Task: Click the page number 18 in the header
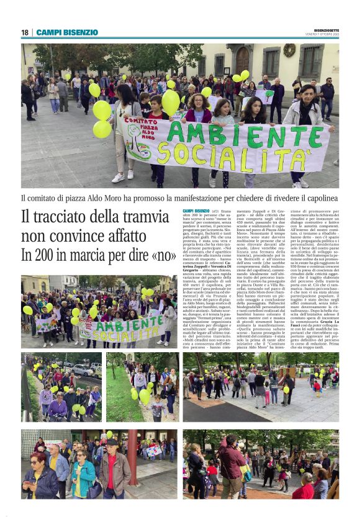pyautogui.click(x=25, y=32)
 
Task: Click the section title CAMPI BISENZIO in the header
pyautogui.click(x=67, y=32)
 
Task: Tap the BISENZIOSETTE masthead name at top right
pyautogui.click(x=326, y=30)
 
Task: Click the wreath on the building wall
pyautogui.click(x=289, y=51)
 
